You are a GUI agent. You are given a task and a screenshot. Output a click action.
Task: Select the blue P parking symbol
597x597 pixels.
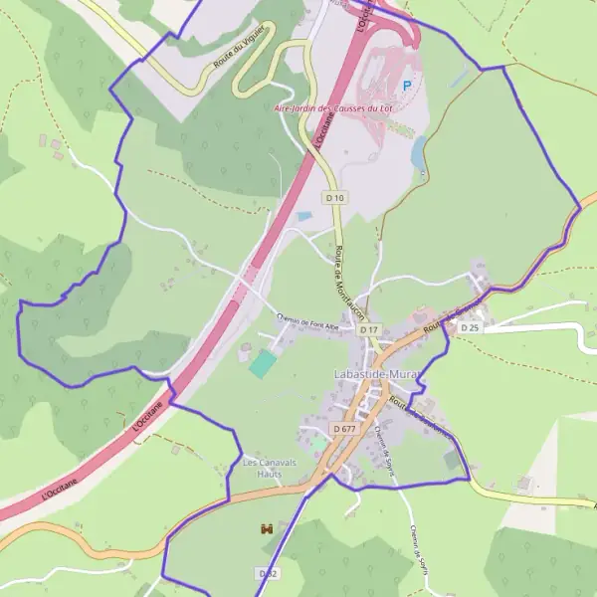pos(406,87)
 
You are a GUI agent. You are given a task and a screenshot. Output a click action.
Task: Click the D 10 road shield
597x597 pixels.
pos(335,198)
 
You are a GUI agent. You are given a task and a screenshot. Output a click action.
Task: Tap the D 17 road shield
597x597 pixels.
pos(369,329)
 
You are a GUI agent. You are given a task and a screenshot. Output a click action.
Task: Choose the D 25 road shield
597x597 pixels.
pos(469,327)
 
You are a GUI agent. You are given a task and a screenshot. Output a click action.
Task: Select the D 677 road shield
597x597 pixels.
pos(344,428)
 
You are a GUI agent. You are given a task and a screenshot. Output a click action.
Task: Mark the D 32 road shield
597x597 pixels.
pos(268,574)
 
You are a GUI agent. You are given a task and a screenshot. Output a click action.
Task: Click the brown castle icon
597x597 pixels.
pos(266,529)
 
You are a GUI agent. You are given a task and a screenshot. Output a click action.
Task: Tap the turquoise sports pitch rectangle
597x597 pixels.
pos(262,363)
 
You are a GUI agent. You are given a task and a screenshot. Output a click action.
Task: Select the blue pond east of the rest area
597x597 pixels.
pos(418,151)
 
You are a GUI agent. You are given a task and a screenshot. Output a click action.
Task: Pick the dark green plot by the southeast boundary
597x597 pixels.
pos(454,460)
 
